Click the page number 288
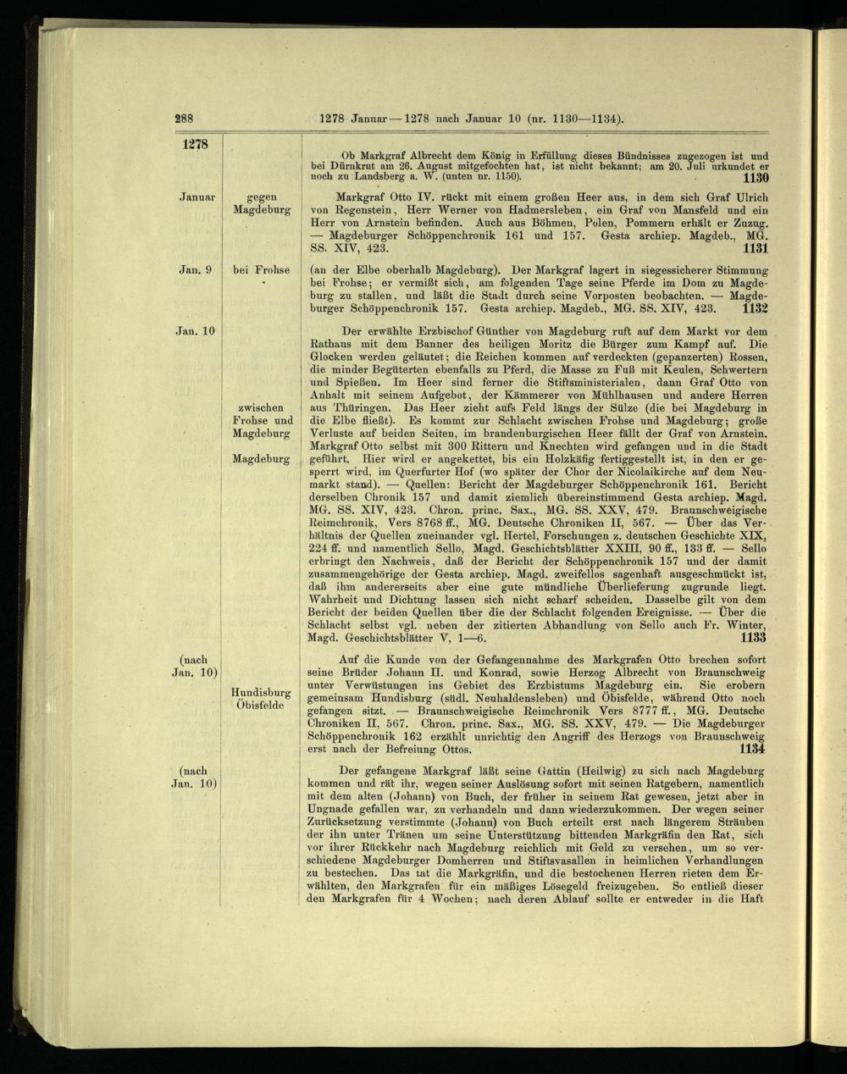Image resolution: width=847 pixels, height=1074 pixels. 185,119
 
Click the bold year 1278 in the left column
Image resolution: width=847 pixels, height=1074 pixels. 195,144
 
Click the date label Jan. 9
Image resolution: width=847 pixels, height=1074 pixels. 195,270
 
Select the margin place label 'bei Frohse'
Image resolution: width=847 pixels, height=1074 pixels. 261,270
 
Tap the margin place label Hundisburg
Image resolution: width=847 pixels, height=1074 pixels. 261,693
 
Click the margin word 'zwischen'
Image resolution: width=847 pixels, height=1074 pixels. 262,407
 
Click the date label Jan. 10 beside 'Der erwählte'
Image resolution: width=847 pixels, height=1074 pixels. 195,330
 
